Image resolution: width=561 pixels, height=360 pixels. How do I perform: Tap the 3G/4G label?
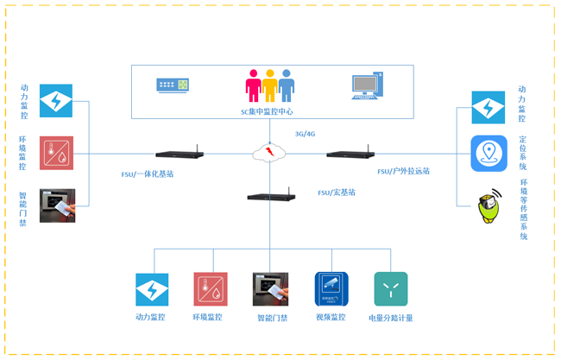pyautogui.click(x=306, y=134)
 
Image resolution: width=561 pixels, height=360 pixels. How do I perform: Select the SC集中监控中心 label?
pyautogui.click(x=267, y=111)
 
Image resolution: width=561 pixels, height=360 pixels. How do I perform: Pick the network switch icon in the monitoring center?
pyautogui.click(x=173, y=85)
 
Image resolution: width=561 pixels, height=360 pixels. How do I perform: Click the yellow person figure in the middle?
pyautogui.click(x=269, y=85)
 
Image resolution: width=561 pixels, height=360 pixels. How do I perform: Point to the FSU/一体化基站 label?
pyautogui.click(x=148, y=174)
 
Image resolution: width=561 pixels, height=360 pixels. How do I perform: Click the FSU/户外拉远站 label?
pyautogui.click(x=403, y=171)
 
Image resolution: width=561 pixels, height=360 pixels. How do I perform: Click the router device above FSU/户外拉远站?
pyautogui.click(x=350, y=155)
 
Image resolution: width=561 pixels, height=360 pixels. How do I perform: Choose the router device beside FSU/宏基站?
pyautogui.click(x=271, y=197)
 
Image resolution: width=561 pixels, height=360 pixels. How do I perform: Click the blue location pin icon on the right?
pyautogui.click(x=489, y=154)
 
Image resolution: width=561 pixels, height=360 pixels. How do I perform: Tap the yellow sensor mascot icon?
pyautogui.click(x=489, y=208)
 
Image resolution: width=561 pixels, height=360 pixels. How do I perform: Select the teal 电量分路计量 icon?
pyautogui.click(x=391, y=289)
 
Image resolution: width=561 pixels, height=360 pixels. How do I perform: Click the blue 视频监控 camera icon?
pyautogui.click(x=331, y=289)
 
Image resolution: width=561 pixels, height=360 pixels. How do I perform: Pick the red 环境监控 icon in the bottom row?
pyautogui.click(x=211, y=289)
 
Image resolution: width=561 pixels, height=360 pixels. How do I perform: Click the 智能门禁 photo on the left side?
pyautogui.click(x=57, y=205)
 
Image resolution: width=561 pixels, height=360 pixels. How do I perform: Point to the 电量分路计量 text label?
pyautogui.click(x=391, y=319)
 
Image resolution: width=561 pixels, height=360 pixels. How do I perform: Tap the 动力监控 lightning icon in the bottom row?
pyautogui.click(x=152, y=289)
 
